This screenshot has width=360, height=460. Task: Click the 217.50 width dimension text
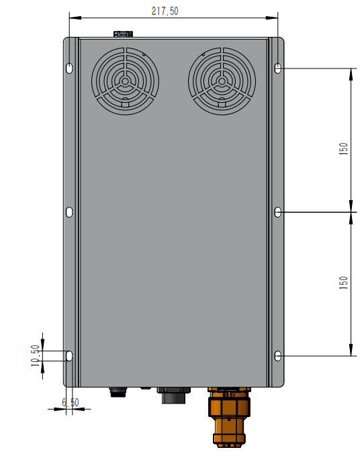(x=165, y=11)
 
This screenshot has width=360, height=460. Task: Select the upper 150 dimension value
(x=344, y=148)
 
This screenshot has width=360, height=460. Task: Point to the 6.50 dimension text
(x=71, y=402)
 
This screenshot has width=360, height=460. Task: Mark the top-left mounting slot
(x=70, y=68)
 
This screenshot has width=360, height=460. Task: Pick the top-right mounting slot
(x=279, y=68)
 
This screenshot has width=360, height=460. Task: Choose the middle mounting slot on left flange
(x=70, y=212)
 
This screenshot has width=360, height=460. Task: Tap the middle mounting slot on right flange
(x=279, y=212)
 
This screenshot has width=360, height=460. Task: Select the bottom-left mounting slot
(x=70, y=356)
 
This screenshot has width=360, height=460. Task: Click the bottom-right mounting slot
(x=279, y=356)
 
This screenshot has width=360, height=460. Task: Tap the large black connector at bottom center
(x=173, y=396)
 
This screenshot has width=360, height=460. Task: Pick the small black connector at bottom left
(x=118, y=392)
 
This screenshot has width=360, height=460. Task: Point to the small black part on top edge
(x=122, y=34)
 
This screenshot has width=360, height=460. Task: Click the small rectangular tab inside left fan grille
(x=125, y=103)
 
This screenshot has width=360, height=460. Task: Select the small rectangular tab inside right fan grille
(x=222, y=103)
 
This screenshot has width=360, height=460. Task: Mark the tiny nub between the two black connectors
(x=145, y=388)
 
